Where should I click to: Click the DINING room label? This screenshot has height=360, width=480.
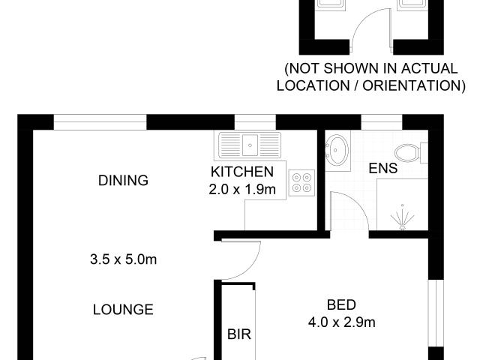[123, 181]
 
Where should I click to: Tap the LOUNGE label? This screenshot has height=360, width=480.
[123, 310]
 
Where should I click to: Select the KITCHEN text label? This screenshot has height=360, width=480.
[242, 172]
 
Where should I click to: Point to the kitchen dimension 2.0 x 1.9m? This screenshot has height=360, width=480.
[242, 190]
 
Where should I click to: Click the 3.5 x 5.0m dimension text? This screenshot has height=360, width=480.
[123, 259]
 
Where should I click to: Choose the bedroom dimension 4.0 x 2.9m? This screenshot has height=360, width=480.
[342, 322]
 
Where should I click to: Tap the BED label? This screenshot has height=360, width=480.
[342, 305]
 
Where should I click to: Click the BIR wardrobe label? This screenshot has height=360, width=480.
[239, 334]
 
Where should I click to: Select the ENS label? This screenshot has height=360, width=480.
[383, 168]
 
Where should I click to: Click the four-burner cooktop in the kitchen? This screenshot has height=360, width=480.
[301, 183]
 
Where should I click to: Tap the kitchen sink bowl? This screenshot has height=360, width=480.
[250, 145]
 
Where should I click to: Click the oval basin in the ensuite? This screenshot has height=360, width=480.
[337, 150]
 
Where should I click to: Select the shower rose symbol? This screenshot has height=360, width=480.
[403, 217]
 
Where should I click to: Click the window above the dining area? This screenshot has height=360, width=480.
[100, 122]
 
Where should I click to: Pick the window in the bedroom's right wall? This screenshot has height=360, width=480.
[436, 313]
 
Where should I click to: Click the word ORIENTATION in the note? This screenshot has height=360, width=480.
[414, 85]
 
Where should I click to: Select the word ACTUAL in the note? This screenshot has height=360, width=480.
[429, 68]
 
